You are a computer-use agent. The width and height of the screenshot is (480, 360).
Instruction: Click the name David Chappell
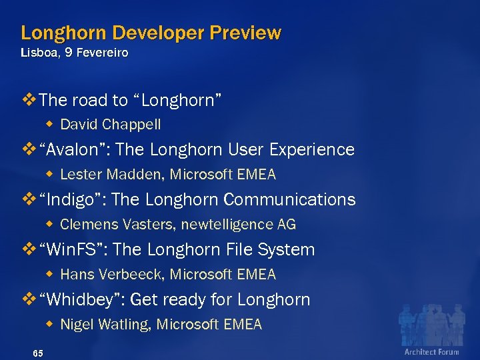pyautogui.click(x=111, y=125)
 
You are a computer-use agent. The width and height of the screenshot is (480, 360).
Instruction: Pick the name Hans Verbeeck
pyautogui.click(x=111, y=275)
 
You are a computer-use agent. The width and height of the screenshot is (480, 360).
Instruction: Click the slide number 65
pyautogui.click(x=37, y=353)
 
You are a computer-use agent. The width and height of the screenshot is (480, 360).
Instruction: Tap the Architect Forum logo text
pyautogui.click(x=431, y=351)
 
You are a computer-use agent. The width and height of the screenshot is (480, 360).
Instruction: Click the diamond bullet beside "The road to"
pyautogui.click(x=31, y=100)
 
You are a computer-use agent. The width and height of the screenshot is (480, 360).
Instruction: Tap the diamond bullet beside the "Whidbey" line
pyautogui.click(x=31, y=299)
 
